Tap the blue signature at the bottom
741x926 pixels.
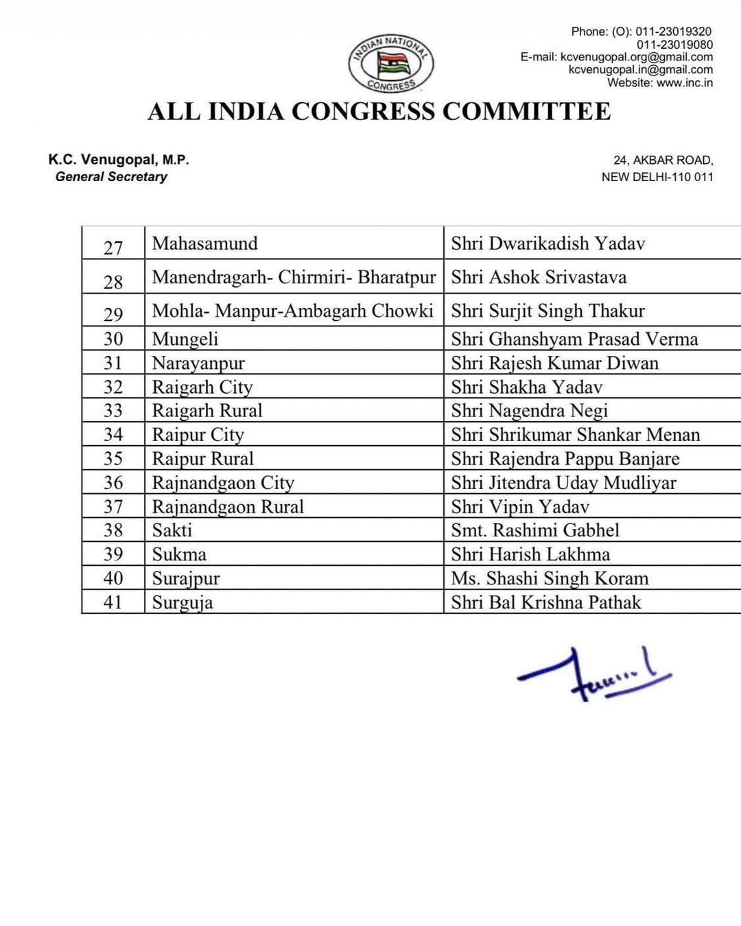coord(594,674)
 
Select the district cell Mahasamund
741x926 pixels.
coord(204,244)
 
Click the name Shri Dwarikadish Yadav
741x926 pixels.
coord(548,244)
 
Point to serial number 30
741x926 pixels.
coord(113,339)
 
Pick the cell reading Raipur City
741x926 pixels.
coord(198,435)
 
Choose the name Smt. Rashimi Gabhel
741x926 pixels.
coord(534,530)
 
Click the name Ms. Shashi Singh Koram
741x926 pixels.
coord(549,578)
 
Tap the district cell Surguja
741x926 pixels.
coord(183,602)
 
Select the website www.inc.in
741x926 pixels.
coord(684,83)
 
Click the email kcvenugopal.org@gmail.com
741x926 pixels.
coord(636,57)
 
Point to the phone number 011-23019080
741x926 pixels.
coord(674,45)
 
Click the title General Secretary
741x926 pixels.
coord(111,177)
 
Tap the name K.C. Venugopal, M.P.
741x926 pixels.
coord(118,160)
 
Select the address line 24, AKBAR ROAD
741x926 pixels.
coord(663,161)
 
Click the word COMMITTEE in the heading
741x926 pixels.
coord(526,112)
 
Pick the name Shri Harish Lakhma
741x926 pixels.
coord(530,554)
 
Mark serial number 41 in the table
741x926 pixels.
coord(113,602)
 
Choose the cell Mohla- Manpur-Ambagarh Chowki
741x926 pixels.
coord(292,311)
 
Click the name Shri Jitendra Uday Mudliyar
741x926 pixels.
coord(563,483)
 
